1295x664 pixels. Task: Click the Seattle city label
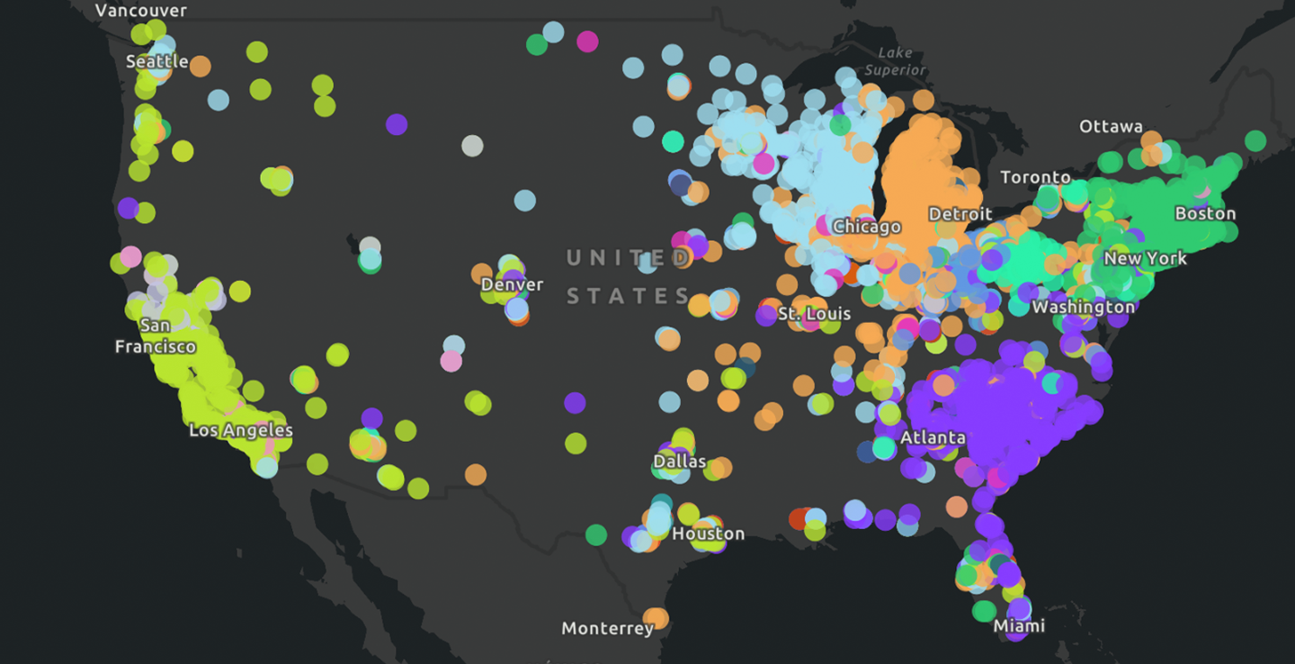click(x=156, y=61)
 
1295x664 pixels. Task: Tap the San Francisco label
click(x=155, y=336)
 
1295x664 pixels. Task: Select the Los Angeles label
click(x=240, y=431)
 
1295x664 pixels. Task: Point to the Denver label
click(x=512, y=284)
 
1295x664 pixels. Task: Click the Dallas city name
click(x=679, y=462)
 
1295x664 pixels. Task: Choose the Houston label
click(x=708, y=534)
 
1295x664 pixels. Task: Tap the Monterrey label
click(x=607, y=628)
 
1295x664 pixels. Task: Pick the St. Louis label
click(x=814, y=314)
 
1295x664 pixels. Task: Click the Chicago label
click(x=866, y=227)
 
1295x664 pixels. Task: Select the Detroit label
click(x=960, y=214)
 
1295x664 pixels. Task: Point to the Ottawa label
click(x=1111, y=127)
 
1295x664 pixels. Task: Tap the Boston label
click(x=1205, y=213)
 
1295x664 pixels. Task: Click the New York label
click(x=1145, y=258)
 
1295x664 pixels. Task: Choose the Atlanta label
click(x=933, y=438)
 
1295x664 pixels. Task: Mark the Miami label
click(x=1019, y=625)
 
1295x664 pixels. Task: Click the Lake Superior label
click(x=894, y=61)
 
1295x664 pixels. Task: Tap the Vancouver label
click(x=140, y=11)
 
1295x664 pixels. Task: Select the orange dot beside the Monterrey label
click(x=656, y=618)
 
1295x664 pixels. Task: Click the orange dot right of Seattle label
click(x=200, y=66)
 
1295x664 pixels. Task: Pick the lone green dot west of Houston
click(x=596, y=535)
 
